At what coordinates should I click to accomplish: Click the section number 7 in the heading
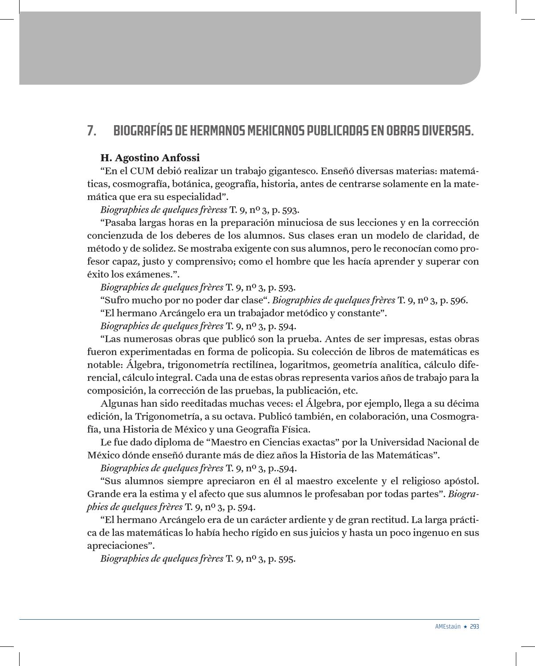[91, 131]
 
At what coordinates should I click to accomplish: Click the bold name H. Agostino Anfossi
[150, 158]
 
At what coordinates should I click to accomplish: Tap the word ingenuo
[420, 533]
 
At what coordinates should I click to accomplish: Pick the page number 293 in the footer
[474, 626]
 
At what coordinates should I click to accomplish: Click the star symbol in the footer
[465, 626]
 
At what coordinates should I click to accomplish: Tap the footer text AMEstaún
[448, 626]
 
